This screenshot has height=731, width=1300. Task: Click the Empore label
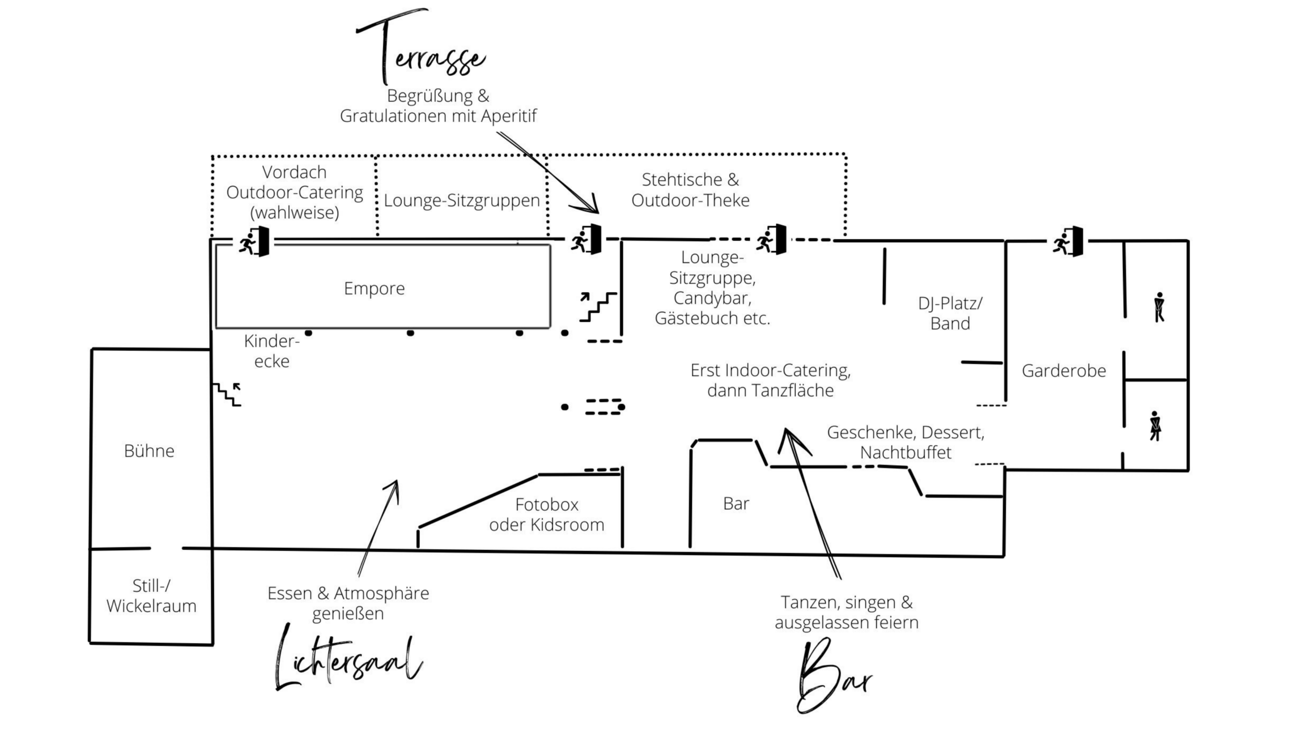(374, 288)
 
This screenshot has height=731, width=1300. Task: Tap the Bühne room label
(149, 451)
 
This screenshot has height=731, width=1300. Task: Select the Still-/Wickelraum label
(151, 596)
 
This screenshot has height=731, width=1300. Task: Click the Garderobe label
(1064, 371)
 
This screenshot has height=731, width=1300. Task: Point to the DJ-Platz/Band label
(950, 313)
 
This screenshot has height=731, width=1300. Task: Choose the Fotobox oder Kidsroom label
(547, 514)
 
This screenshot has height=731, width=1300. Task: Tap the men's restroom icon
(1159, 307)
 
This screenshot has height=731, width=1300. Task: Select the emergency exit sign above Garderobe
(1069, 242)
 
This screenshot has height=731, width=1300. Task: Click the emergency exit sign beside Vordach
(254, 242)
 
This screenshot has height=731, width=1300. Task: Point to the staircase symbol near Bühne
(227, 394)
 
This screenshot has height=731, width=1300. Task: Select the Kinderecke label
(272, 351)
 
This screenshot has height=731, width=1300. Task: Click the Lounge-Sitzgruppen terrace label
(462, 201)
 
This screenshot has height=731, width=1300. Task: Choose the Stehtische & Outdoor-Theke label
(690, 190)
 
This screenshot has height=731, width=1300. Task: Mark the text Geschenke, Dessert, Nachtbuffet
(906, 442)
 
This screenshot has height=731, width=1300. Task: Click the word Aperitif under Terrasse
(508, 116)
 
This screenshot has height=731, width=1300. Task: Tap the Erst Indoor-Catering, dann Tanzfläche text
(770, 380)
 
